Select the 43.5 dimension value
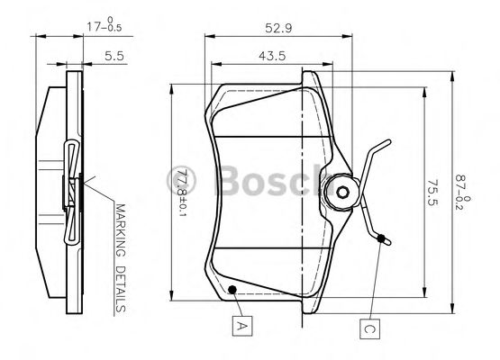(272, 56)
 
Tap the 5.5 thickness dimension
(114, 56)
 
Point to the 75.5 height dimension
(432, 193)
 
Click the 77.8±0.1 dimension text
(183, 193)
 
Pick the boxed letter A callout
(242, 326)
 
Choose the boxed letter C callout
(369, 328)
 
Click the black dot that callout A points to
(232, 289)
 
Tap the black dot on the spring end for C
(381, 238)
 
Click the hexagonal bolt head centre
(343, 192)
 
